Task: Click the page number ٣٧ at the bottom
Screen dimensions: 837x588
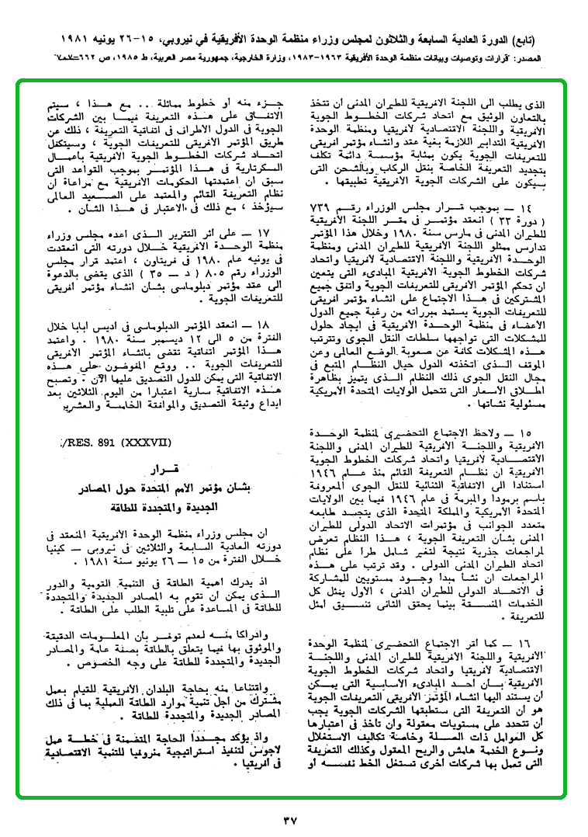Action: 292,818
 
